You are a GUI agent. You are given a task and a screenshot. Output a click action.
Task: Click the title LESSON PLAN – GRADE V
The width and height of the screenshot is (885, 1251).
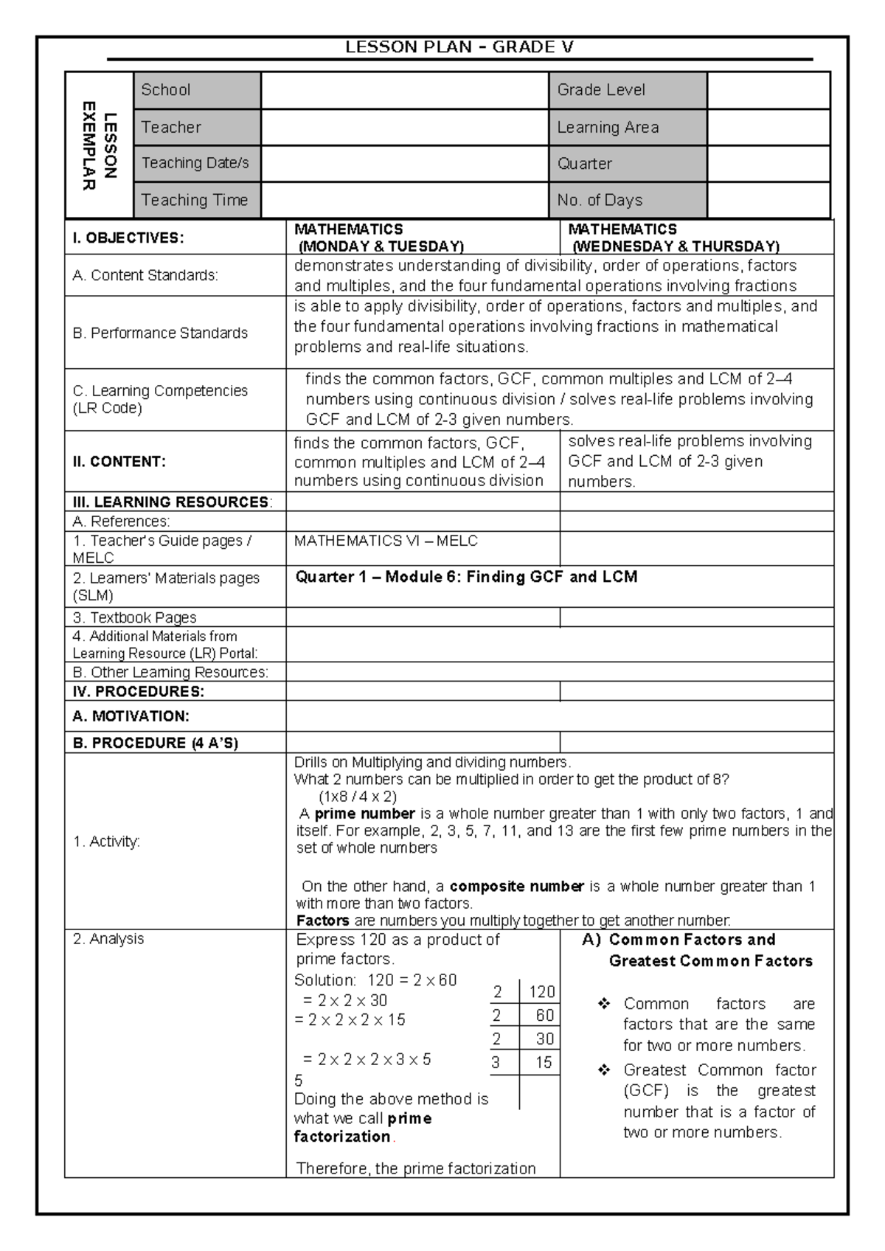click(459, 48)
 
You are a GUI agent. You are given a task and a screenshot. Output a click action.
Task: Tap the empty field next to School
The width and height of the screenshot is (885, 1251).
click(405, 91)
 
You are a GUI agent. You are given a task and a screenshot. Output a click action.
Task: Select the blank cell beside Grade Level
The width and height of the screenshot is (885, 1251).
click(768, 91)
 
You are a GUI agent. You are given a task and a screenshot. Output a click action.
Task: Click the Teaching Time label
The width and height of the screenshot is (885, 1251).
click(195, 200)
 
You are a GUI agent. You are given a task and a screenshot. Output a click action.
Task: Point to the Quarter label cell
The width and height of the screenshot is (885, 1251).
click(628, 164)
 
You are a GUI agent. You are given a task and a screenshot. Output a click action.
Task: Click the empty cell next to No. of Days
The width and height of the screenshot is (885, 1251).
click(768, 200)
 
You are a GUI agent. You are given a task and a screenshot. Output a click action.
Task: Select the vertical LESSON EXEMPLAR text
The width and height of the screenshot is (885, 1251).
click(99, 145)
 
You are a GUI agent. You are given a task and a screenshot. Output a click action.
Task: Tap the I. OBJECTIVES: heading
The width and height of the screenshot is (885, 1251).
click(128, 238)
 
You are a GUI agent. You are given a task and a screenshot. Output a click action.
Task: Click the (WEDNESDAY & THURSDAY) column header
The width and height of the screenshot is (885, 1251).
click(676, 246)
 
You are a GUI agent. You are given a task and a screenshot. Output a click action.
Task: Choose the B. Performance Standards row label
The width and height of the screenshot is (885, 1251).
click(160, 333)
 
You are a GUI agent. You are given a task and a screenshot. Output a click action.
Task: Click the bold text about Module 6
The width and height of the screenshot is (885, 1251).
click(466, 577)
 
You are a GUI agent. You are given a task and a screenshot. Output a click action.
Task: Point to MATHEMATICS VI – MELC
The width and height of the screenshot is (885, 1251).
click(386, 541)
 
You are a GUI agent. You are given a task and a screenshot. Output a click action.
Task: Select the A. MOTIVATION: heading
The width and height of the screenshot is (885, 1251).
click(131, 716)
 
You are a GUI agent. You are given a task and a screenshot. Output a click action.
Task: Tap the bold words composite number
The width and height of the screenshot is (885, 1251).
click(516, 886)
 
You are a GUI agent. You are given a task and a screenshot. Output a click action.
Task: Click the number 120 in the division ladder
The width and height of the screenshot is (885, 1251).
click(542, 992)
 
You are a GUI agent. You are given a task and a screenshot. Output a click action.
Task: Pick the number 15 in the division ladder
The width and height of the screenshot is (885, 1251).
click(544, 1063)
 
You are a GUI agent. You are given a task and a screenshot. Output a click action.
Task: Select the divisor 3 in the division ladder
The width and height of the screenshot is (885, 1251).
click(496, 1063)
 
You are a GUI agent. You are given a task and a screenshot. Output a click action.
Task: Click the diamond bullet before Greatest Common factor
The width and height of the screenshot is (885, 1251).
click(605, 1070)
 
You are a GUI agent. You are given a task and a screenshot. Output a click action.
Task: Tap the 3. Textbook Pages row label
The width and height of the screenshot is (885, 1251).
click(134, 617)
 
